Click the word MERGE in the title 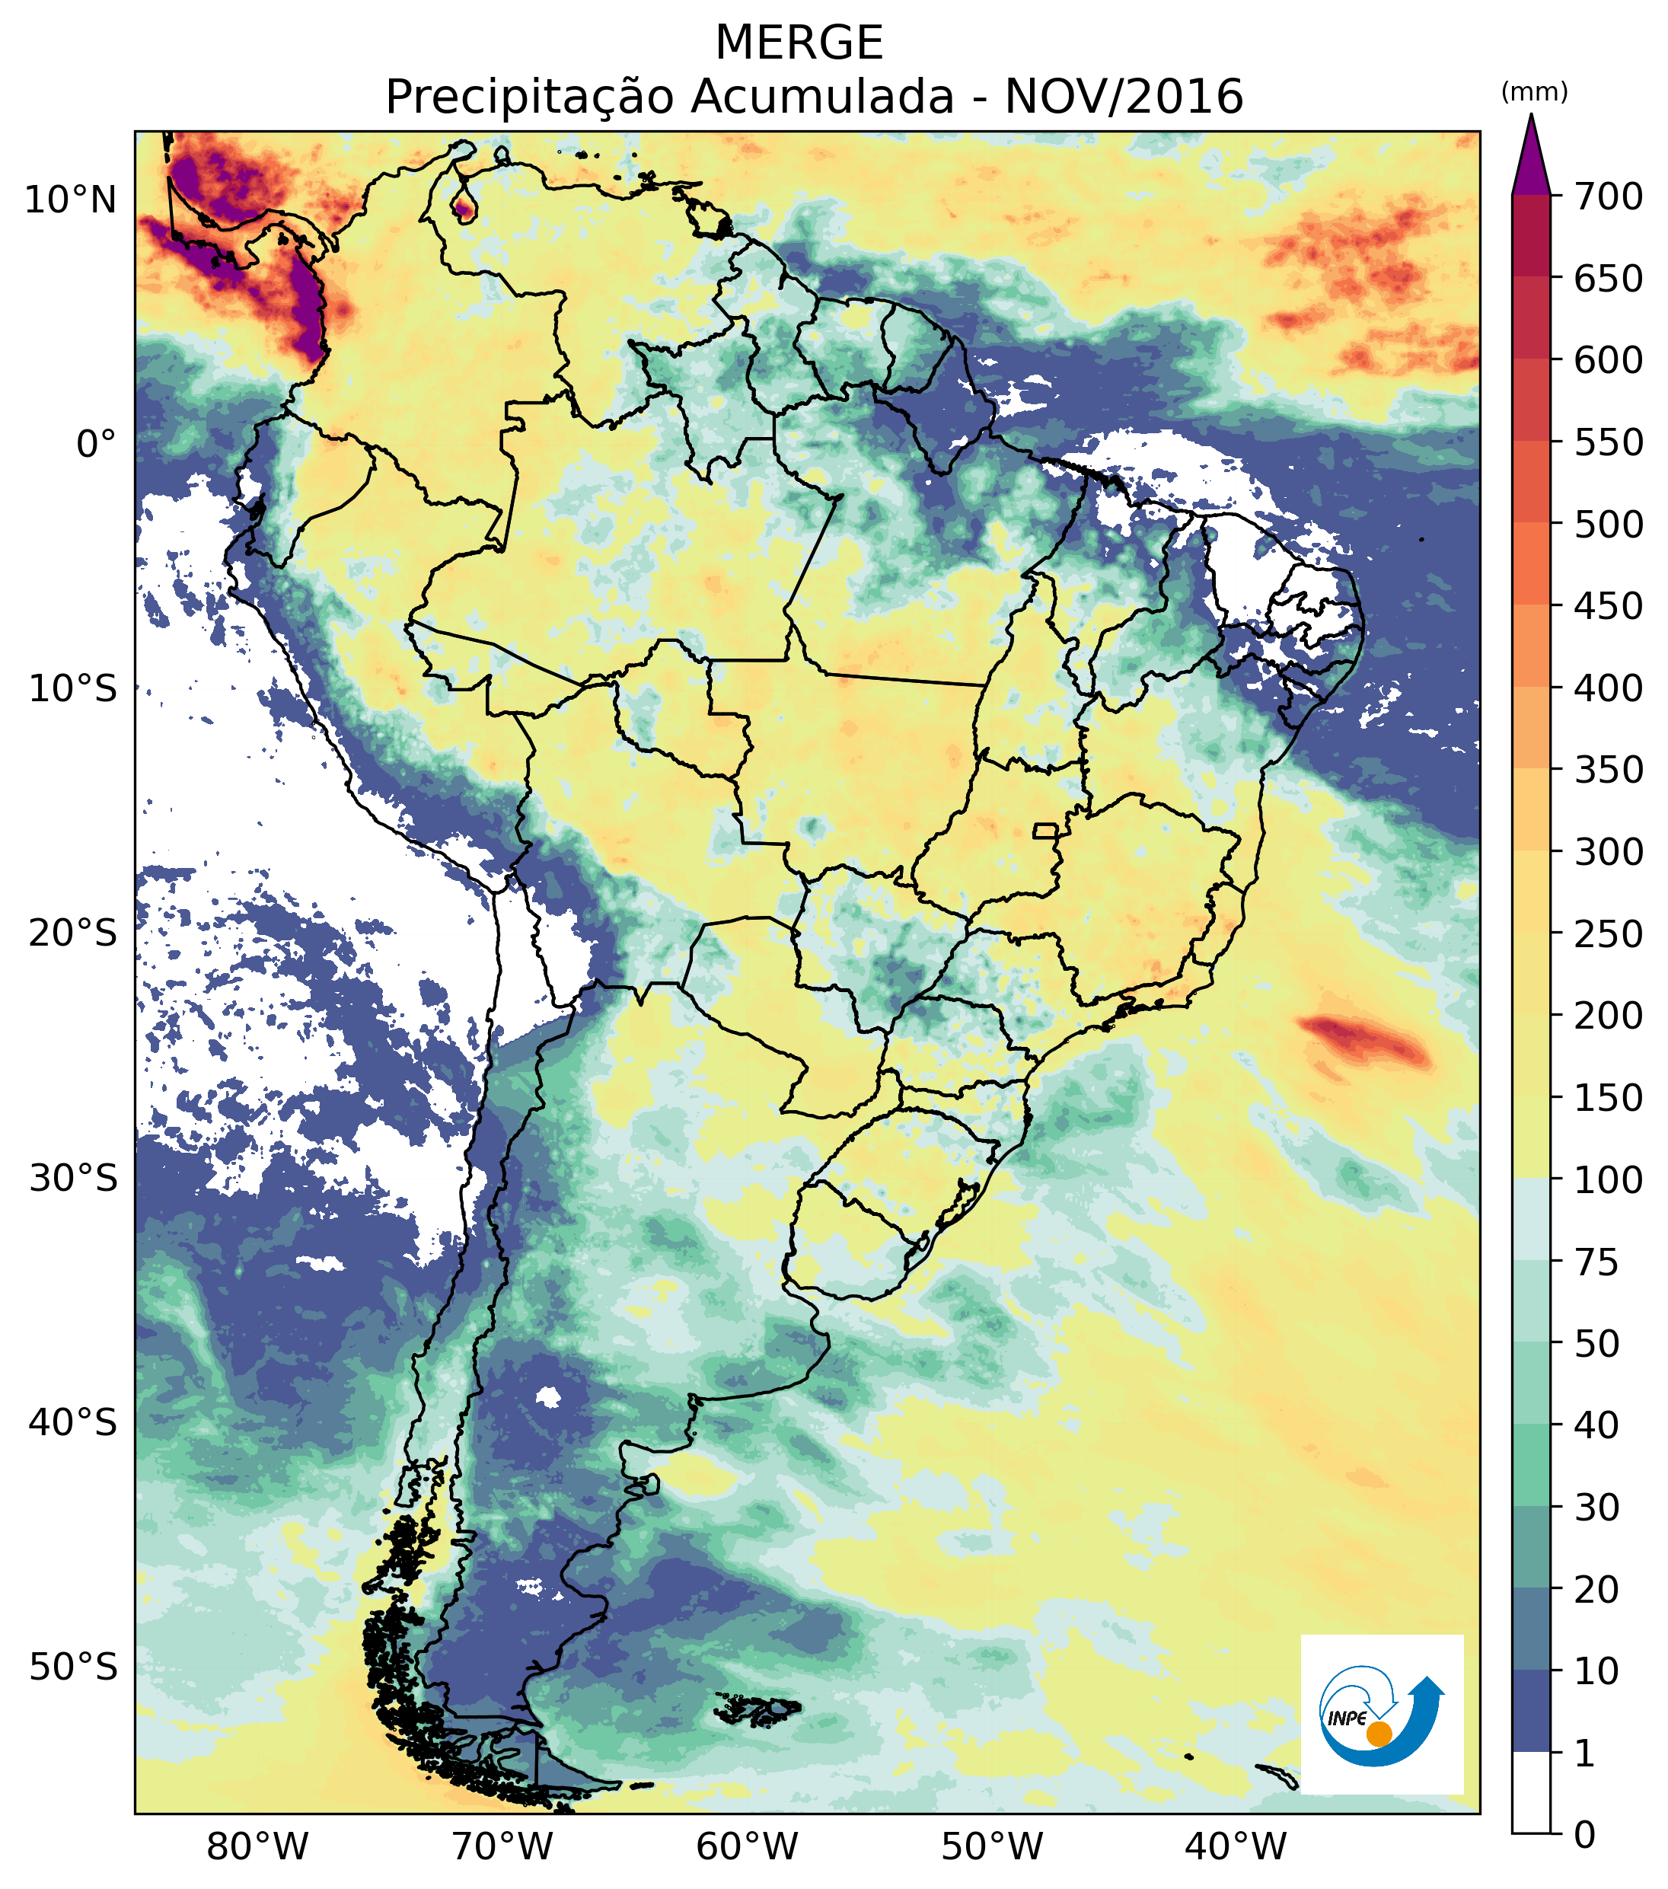click(x=799, y=43)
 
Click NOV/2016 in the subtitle click(x=1124, y=97)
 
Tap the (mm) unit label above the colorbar click(x=1534, y=92)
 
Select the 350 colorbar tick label click(x=1609, y=769)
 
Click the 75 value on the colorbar click(x=1598, y=1262)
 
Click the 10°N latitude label click(x=71, y=199)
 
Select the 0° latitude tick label click(x=97, y=445)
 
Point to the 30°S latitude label click(x=73, y=1179)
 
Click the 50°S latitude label click(x=73, y=1668)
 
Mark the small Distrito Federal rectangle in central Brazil click(x=1045, y=831)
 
